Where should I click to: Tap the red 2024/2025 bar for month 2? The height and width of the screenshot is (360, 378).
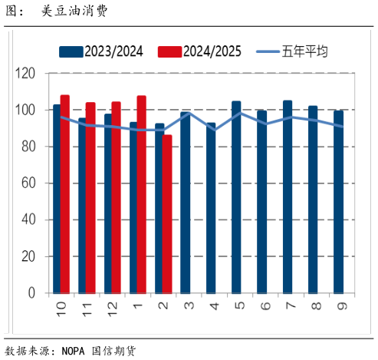point(167,214)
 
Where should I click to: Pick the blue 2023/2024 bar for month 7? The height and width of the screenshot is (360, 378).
point(288,197)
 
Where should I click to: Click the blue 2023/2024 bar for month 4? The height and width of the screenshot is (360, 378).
point(211,208)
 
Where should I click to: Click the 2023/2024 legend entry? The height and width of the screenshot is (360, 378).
point(104,51)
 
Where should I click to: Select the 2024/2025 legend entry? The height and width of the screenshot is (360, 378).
point(201,51)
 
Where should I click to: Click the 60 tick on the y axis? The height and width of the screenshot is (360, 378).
point(29,183)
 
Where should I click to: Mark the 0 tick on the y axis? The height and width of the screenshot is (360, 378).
point(32,293)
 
